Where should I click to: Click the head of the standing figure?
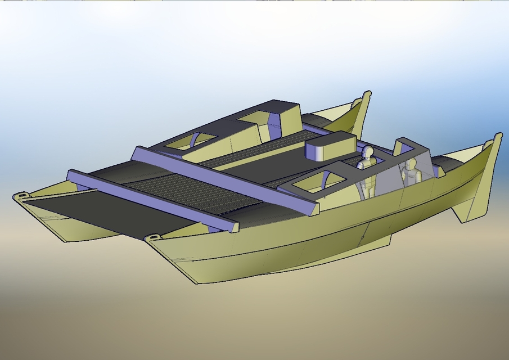pos(367,152)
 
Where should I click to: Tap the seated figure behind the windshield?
pos(411,171)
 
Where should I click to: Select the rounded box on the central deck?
pos(329,147)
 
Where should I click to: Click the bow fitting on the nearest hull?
pos(152,238)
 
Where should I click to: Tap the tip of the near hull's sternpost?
pos(498,136)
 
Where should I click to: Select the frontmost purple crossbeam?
pos(152,200)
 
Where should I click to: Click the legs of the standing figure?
pos(368,186)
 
